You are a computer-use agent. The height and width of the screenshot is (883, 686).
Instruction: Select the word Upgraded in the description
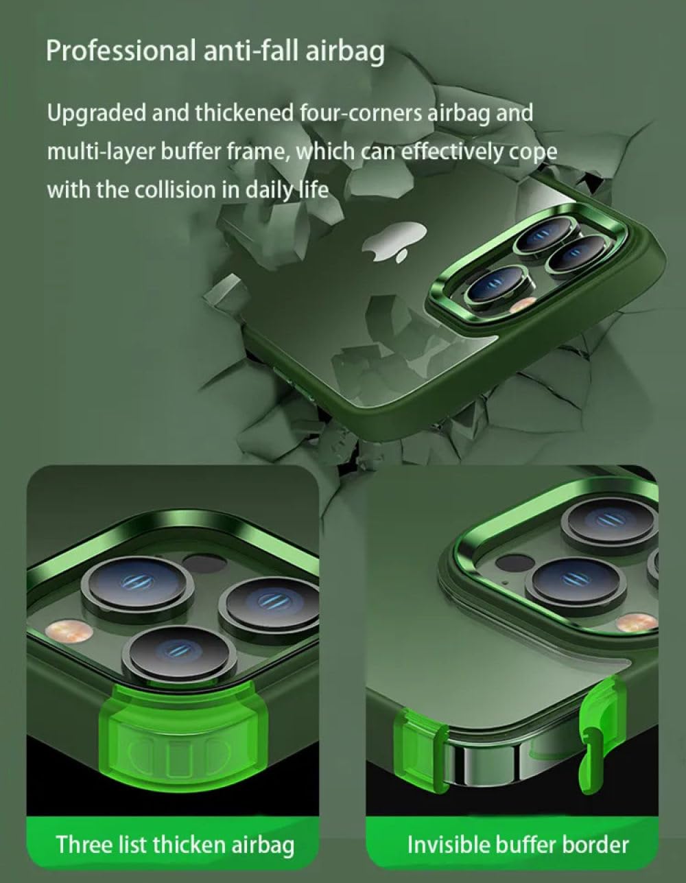(x=97, y=113)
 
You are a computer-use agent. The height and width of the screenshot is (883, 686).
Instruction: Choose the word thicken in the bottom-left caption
(x=185, y=844)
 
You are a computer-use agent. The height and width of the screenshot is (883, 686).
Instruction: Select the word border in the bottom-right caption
(x=596, y=844)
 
